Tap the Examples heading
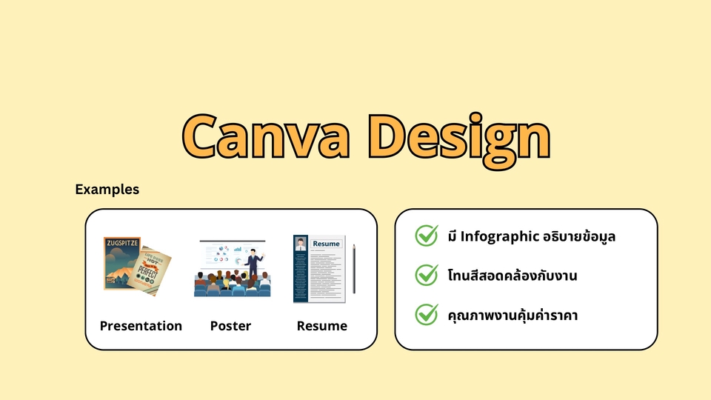(107, 190)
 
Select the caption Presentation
(141, 326)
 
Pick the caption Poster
(230, 326)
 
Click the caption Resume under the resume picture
(321, 326)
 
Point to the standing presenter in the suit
(253, 264)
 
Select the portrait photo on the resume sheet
(301, 244)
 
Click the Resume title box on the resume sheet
(326, 244)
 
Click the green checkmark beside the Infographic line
(427, 236)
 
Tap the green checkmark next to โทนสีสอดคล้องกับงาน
(427, 276)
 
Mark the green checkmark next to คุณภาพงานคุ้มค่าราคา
(427, 314)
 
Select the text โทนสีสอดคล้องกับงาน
(513, 276)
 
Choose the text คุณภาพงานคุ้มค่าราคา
(513, 316)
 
